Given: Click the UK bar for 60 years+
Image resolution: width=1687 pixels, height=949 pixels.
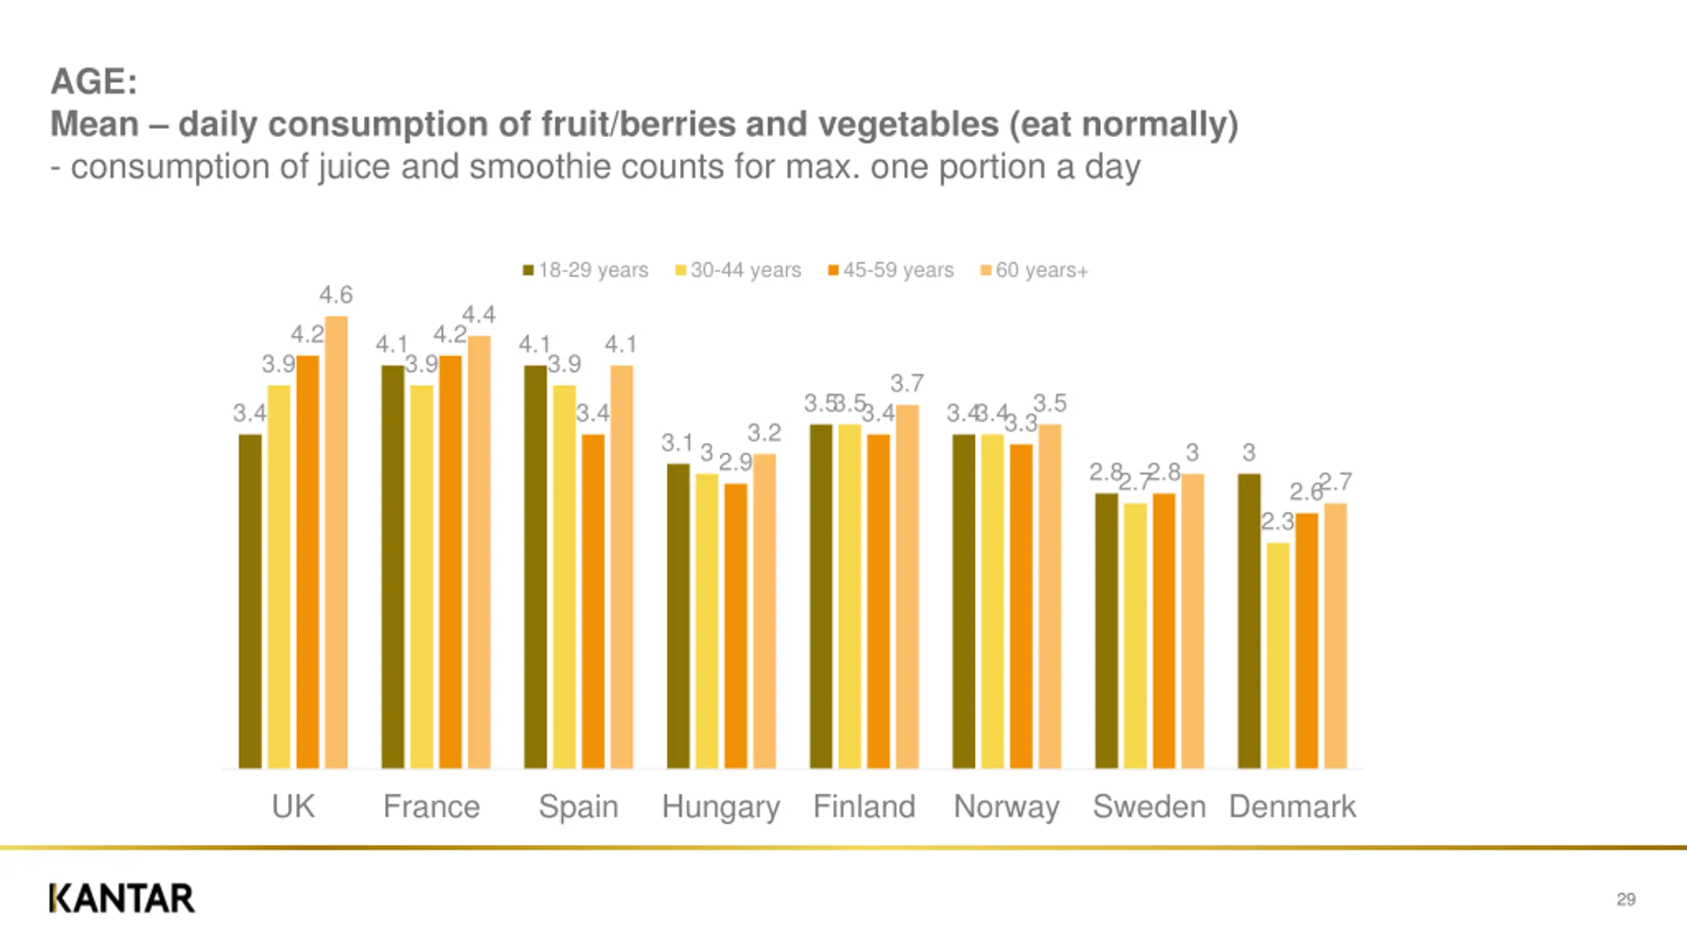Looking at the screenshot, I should click(336, 542).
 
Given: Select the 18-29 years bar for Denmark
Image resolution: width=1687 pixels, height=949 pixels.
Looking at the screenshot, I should click(1249, 621).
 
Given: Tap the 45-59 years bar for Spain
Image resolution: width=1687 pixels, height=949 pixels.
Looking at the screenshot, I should click(593, 601).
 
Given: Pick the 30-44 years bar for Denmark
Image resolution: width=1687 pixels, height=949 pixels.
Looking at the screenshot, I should click(1278, 655).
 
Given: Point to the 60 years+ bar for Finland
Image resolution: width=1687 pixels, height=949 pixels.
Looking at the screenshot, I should click(907, 587).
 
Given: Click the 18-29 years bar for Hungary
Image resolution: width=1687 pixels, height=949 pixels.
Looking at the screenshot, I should click(678, 616).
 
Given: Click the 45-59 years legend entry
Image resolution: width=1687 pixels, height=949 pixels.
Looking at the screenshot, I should click(891, 270).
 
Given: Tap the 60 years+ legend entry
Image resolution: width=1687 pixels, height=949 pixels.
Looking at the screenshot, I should click(1035, 270).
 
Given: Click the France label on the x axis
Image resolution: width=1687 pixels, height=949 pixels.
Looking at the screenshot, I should click(432, 807).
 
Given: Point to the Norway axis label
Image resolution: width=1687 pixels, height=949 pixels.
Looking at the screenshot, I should click(1006, 807).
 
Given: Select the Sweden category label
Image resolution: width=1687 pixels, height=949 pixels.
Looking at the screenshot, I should click(1149, 807).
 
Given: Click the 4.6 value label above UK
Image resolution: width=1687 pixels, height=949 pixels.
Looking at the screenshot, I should click(336, 295).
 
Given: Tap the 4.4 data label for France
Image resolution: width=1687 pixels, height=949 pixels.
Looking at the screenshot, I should click(478, 314).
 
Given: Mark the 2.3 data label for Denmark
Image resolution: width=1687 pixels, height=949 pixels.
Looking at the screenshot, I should click(1277, 522).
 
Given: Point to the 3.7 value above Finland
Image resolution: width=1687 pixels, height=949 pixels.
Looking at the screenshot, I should click(907, 384).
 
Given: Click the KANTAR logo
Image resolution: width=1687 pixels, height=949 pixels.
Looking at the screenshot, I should click(122, 898).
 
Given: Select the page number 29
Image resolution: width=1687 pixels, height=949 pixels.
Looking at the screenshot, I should click(1626, 900).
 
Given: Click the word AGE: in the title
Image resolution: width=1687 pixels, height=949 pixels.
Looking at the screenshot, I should click(94, 82).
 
